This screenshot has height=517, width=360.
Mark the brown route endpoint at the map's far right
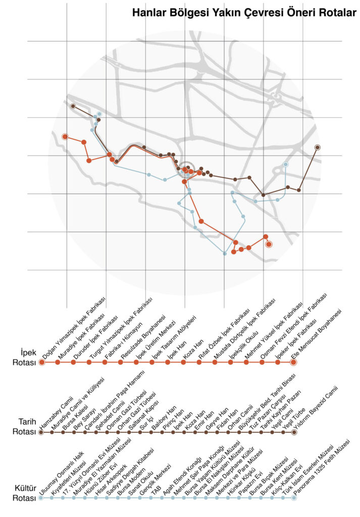point(317,147)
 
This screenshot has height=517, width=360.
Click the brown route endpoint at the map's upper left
point(73,107)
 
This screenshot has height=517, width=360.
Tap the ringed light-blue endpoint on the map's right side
point(286,165)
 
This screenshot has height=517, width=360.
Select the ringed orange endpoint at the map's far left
point(65,136)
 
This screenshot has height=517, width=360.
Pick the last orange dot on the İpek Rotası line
point(294,362)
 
